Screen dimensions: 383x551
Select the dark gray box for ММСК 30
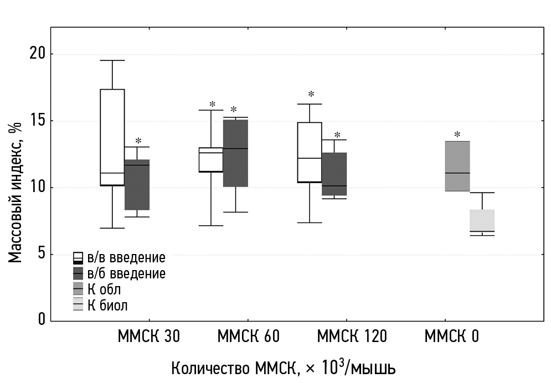pyautogui.click(x=137, y=185)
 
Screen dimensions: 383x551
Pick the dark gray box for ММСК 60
pyautogui.click(x=235, y=153)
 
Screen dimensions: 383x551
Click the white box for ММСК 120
pyautogui.click(x=310, y=152)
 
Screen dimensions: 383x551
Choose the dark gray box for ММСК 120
pyautogui.click(x=334, y=174)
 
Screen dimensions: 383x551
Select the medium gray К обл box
pyautogui.click(x=457, y=166)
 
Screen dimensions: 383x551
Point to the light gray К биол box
pyautogui.click(x=482, y=220)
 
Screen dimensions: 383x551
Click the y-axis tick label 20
pyautogui.click(x=38, y=54)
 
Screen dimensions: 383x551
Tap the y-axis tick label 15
pyautogui.click(x=38, y=121)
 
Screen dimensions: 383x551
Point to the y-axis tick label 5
pyautogui.click(x=41, y=255)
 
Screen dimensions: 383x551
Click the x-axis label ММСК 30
pyautogui.click(x=148, y=337)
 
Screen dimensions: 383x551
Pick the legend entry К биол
pyautogui.click(x=107, y=305)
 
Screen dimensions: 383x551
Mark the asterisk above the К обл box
pyautogui.click(x=457, y=135)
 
